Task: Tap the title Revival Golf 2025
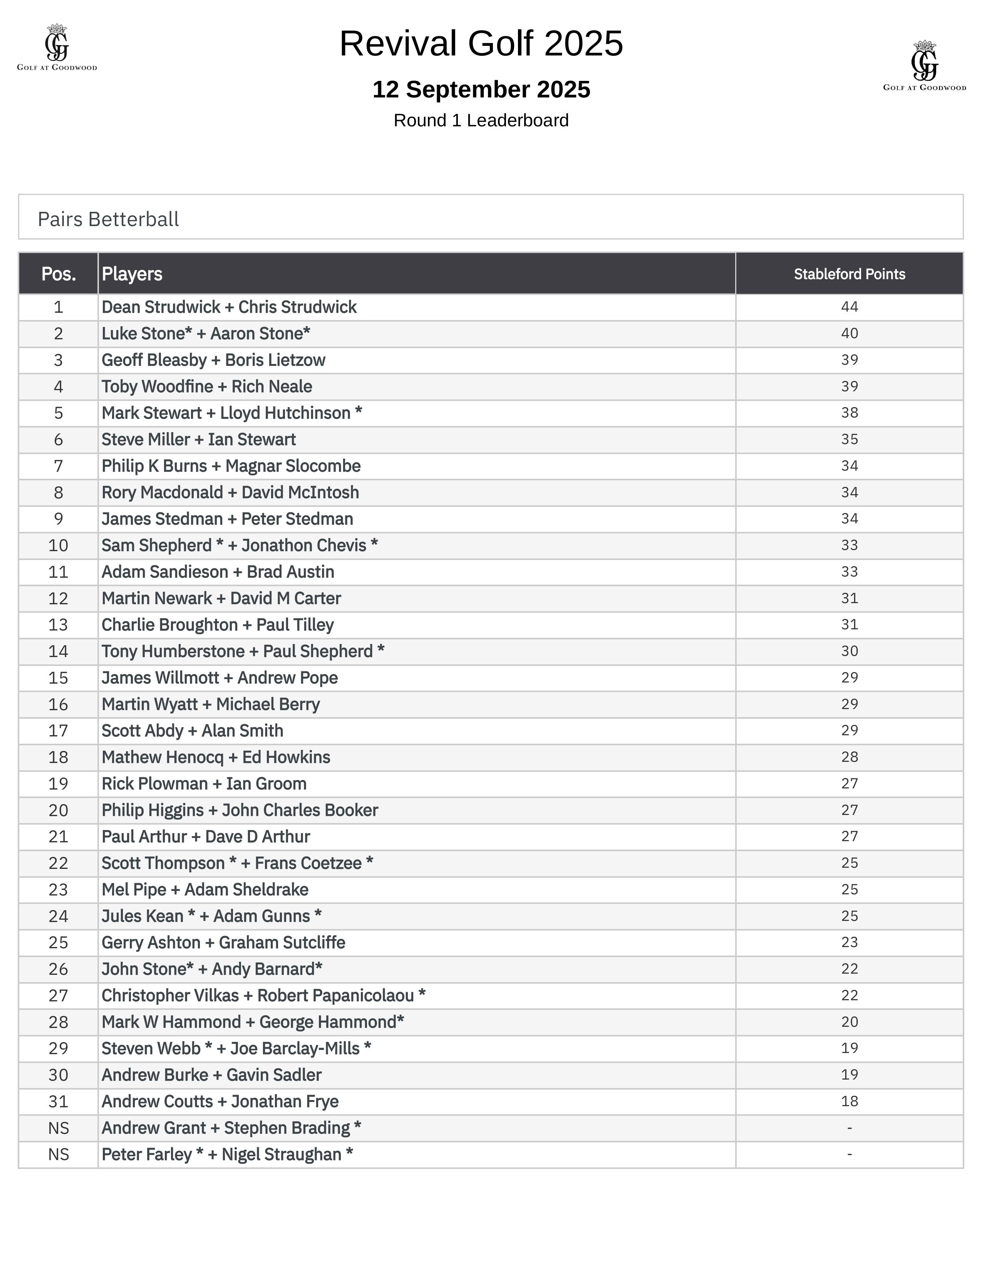click(x=481, y=44)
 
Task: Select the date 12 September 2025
click(x=481, y=90)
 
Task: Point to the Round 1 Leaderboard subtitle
click(x=481, y=121)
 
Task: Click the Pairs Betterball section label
click(x=108, y=220)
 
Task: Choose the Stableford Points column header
click(x=850, y=274)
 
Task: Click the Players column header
click(x=132, y=274)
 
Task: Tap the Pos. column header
click(x=58, y=274)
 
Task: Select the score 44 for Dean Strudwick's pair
click(x=850, y=307)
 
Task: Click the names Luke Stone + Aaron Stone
click(x=206, y=334)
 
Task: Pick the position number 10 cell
click(x=58, y=545)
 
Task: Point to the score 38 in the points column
click(x=850, y=412)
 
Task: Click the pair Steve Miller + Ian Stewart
click(x=198, y=439)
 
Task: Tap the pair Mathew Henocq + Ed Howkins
click(x=216, y=757)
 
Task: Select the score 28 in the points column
click(x=850, y=757)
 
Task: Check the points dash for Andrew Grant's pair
click(x=850, y=1128)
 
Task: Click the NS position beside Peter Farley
click(x=58, y=1155)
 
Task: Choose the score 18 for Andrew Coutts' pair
click(x=850, y=1101)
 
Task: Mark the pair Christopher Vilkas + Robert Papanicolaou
click(x=263, y=995)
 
